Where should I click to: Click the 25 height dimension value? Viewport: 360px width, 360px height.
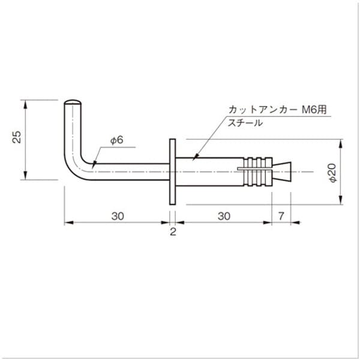tap(18, 137)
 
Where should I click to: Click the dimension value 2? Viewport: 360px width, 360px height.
tap(173, 232)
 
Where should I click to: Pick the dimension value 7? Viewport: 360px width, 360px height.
tap(280, 215)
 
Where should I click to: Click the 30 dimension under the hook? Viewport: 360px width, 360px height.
tap(116, 215)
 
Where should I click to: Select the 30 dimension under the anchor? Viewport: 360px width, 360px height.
tap(223, 215)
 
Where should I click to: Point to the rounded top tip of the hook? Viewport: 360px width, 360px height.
tap(72, 102)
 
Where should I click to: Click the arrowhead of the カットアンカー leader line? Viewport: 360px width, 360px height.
tap(194, 158)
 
